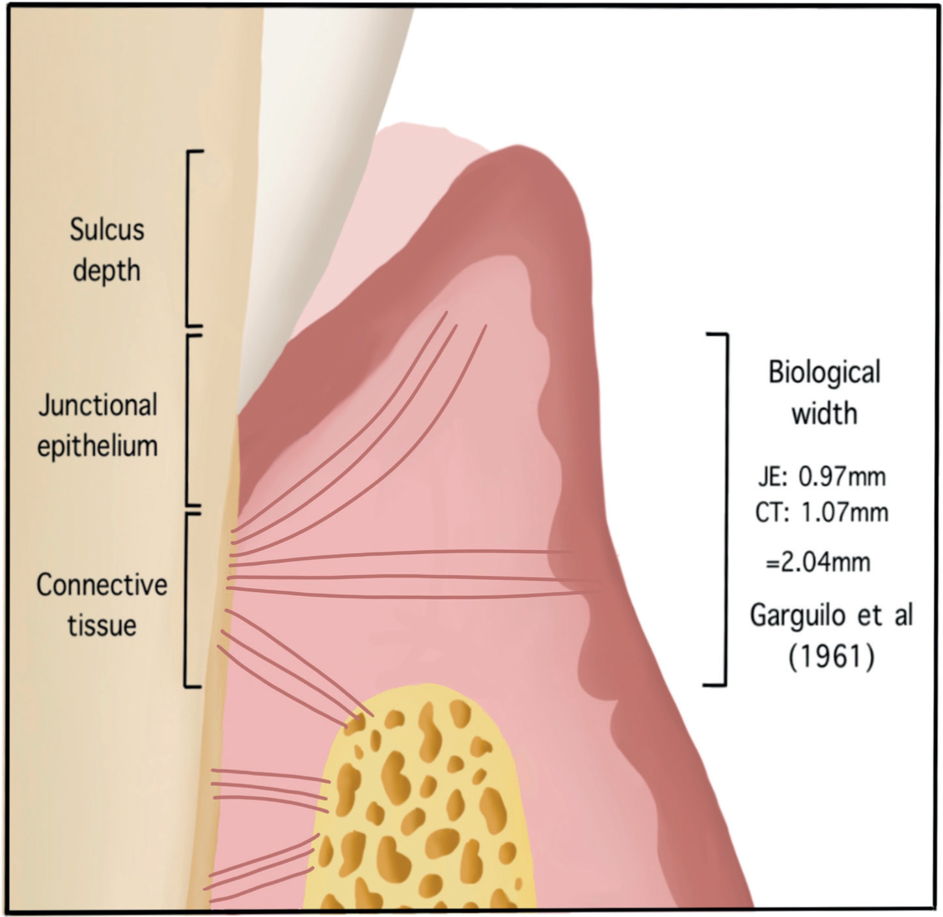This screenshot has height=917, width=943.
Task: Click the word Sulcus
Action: click(x=107, y=229)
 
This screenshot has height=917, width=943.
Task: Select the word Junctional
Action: click(x=98, y=405)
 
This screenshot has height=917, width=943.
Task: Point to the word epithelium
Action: click(x=98, y=445)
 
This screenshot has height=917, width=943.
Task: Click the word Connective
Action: click(x=102, y=585)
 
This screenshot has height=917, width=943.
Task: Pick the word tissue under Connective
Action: click(x=102, y=625)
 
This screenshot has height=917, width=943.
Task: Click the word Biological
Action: click(x=825, y=373)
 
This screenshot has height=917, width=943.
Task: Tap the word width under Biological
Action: click(x=825, y=414)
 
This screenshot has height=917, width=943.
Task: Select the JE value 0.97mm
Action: click(x=841, y=477)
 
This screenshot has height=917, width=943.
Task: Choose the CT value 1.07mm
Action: click(x=845, y=513)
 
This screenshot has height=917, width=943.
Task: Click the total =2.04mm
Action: click(x=818, y=563)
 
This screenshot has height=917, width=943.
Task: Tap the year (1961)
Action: click(x=832, y=657)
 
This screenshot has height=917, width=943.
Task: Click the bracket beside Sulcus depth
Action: click(x=188, y=238)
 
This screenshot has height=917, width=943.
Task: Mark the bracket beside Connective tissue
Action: click(x=186, y=599)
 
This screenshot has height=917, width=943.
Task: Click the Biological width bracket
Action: click(x=726, y=510)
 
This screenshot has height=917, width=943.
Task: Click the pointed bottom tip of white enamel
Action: click(x=238, y=414)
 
